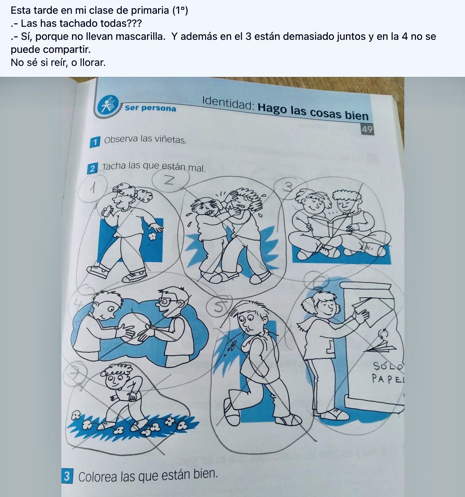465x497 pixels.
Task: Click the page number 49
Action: (x=367, y=129)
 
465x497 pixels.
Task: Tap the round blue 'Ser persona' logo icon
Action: (x=108, y=105)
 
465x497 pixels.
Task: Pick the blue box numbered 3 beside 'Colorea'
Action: (x=67, y=476)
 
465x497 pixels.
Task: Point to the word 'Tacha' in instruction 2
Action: (x=114, y=167)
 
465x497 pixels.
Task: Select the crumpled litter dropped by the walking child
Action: (x=151, y=236)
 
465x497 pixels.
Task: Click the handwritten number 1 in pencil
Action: (x=92, y=188)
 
